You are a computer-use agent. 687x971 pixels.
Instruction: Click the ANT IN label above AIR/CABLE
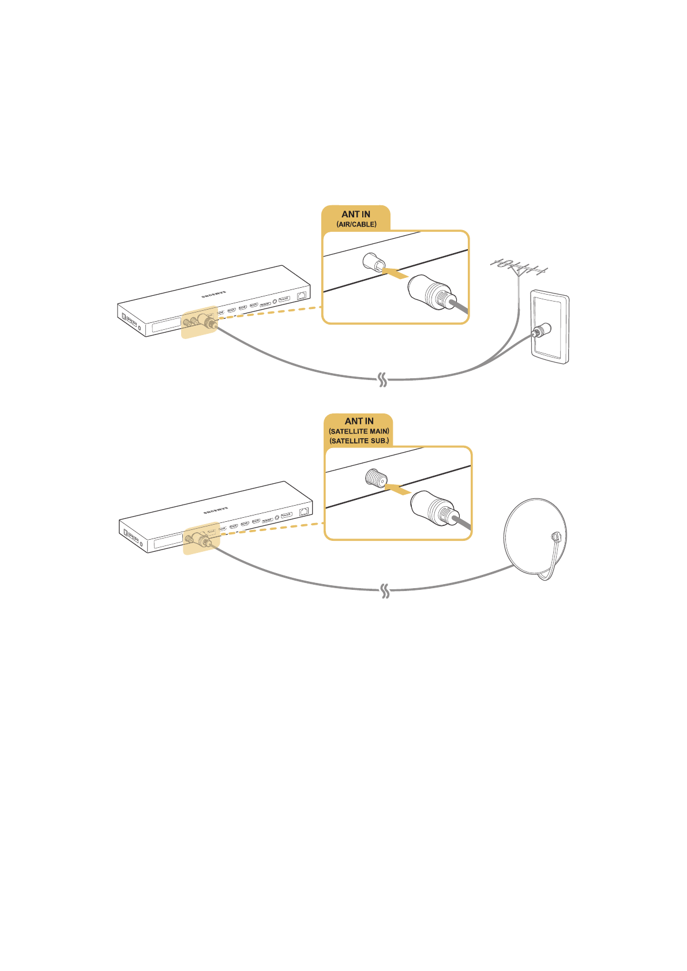pos(355,214)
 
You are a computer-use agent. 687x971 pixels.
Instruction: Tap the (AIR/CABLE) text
pos(356,224)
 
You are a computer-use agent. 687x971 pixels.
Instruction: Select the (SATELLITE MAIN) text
pos(359,431)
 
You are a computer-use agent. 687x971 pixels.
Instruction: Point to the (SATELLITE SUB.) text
pos(359,441)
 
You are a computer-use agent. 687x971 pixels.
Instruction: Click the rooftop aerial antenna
pos(518,268)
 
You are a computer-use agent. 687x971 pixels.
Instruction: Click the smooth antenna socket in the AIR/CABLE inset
pos(372,263)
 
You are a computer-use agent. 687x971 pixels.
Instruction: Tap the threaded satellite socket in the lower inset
pos(376,478)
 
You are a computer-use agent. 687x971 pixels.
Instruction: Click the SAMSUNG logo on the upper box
pos(213,294)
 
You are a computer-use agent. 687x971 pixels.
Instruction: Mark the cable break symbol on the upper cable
pos(382,380)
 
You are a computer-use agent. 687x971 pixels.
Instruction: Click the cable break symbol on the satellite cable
pos(385,592)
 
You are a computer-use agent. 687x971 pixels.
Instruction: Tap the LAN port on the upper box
pos(301,295)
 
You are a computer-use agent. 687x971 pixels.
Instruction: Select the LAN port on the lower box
pos(303,511)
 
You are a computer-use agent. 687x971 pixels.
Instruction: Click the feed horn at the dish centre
pos(555,536)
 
